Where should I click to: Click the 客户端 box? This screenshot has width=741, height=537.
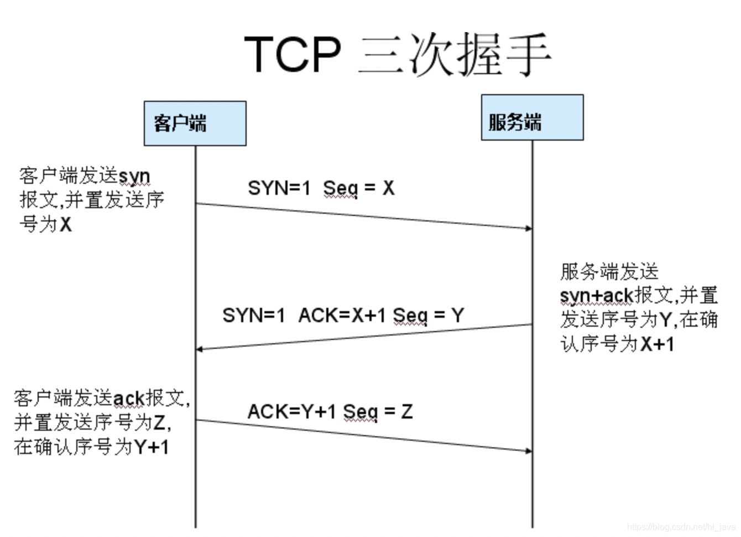(195, 123)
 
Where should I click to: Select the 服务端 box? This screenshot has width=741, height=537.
(532, 117)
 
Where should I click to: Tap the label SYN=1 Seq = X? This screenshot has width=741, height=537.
(321, 188)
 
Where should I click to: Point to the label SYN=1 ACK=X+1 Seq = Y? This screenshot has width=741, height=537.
(343, 316)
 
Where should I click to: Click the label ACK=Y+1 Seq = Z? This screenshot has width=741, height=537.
(330, 411)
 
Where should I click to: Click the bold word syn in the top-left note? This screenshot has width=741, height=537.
(134, 177)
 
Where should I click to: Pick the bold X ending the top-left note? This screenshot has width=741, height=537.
(65, 225)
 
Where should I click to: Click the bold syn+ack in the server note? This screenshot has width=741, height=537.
(596, 296)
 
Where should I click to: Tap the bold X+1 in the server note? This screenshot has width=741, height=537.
(657, 344)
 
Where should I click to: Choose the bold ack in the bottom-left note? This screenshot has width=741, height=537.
(128, 398)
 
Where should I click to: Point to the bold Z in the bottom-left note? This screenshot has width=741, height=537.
(159, 423)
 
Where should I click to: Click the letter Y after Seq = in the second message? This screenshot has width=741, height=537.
(457, 316)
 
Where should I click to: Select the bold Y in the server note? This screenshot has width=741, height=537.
(666, 319)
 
